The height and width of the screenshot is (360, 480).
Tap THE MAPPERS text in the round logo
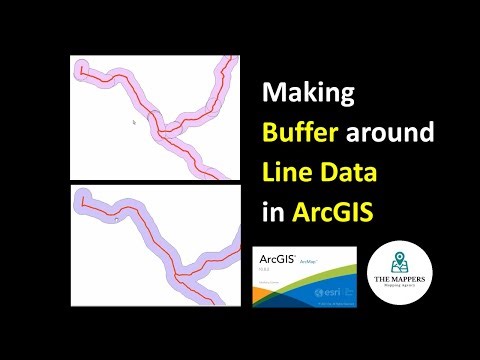(399, 281)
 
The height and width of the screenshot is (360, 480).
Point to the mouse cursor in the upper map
(133, 122)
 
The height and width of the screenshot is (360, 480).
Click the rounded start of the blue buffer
(81, 200)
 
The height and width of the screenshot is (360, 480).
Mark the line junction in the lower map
(177, 271)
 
